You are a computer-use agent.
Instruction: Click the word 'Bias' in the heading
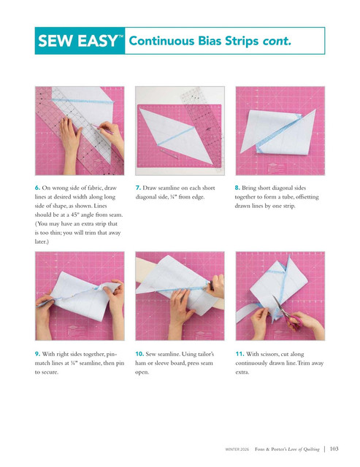pos(210,41)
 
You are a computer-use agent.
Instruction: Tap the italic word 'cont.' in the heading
pos(277,41)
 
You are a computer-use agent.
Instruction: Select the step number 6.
pos(37,188)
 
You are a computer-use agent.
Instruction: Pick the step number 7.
pos(138,188)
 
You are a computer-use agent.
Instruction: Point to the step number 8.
pos(237,188)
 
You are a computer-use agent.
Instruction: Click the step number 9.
pos(37,354)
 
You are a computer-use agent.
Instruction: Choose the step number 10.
pos(139,354)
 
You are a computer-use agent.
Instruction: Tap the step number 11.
pos(240,354)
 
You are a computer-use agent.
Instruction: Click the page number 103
pos(334,449)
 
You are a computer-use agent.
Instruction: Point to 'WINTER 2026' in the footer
pos(237,449)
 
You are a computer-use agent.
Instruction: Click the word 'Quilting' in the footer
pos(311,449)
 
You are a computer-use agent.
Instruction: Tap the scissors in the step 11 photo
pos(286,313)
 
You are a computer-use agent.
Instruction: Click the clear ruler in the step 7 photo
pos(202,128)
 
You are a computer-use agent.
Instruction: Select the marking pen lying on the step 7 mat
pos(169,153)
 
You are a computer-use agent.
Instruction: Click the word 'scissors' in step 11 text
pos(269,354)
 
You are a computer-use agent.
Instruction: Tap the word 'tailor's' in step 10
pos(204,354)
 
